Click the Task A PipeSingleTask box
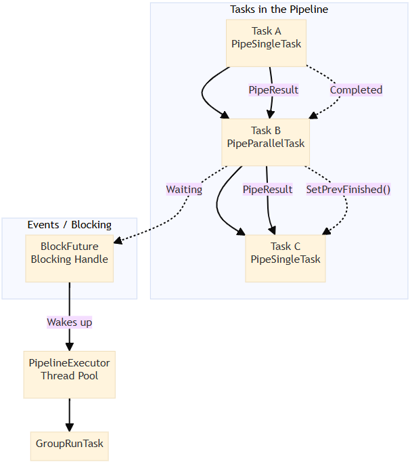(266, 43)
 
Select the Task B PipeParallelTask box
(265, 143)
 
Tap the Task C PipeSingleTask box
(285, 258)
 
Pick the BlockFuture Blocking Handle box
(69, 258)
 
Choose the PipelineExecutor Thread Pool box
(69, 375)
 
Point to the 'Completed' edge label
(356, 89)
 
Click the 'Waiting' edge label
(184, 190)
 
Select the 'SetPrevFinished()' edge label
(348, 190)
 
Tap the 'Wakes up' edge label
(69, 322)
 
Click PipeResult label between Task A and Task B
(273, 89)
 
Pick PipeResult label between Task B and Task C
(267, 190)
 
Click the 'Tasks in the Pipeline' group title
(279, 10)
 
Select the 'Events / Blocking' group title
(69, 225)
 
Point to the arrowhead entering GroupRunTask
(69, 427)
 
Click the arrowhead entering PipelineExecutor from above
(69, 347)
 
